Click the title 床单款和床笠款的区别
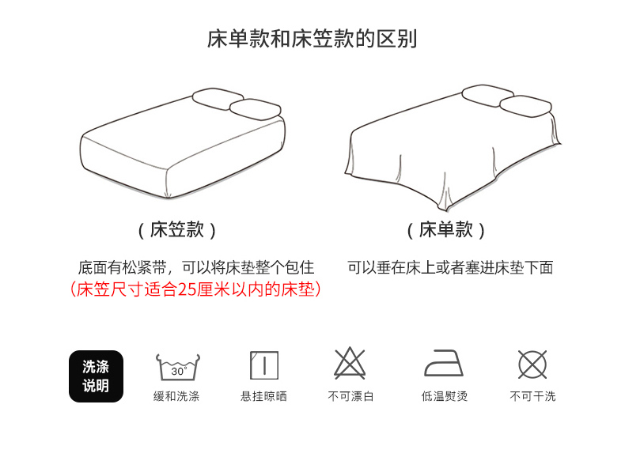click(312, 39)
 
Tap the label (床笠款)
click(177, 230)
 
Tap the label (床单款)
click(445, 230)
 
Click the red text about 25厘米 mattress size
click(195, 289)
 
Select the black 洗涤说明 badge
click(96, 376)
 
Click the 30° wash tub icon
click(178, 367)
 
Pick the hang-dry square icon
click(264, 365)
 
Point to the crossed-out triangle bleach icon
click(350, 363)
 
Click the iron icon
click(444, 363)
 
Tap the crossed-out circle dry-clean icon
click(532, 365)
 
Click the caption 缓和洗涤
click(176, 396)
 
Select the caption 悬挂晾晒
click(264, 396)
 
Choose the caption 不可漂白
click(350, 396)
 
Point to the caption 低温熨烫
click(445, 396)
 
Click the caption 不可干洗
click(532, 396)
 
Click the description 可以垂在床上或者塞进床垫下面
click(450, 267)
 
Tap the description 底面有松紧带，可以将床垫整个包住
click(196, 267)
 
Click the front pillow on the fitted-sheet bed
click(256, 109)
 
